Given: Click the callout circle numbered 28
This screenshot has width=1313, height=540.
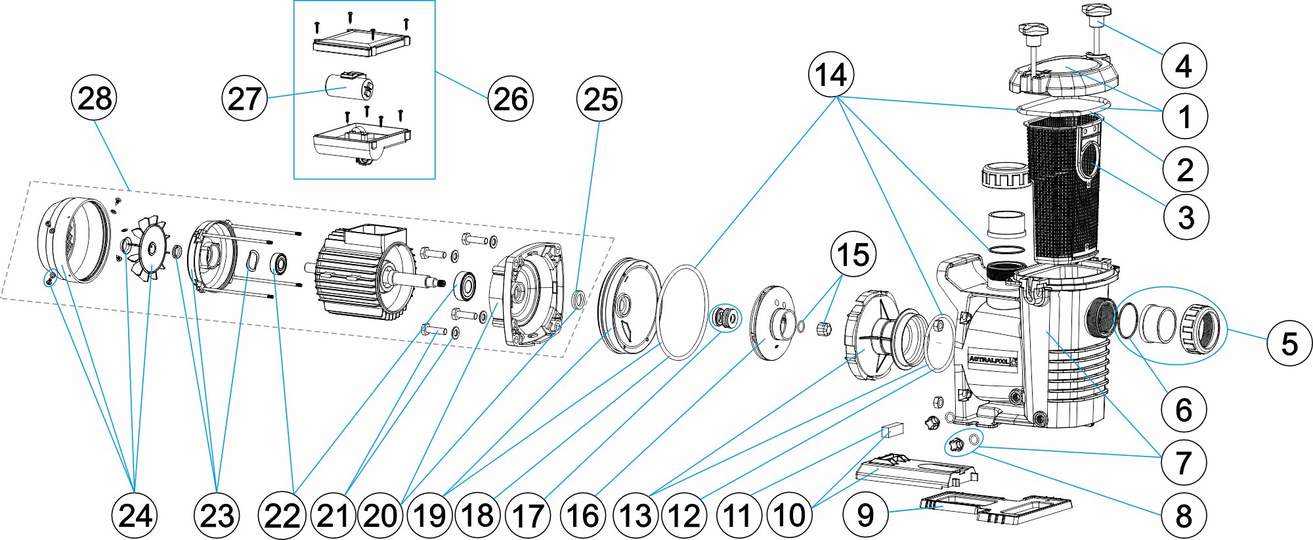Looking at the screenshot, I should pos(94,99).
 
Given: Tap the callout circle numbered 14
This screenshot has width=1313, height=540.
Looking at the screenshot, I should pos(831,75).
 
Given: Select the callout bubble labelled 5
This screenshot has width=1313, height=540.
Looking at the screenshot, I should pos(1289,343).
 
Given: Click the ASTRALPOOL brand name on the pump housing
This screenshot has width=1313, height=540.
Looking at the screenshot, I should pos(990,359).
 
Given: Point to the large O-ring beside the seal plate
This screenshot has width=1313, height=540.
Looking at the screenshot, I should pos(683,312).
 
